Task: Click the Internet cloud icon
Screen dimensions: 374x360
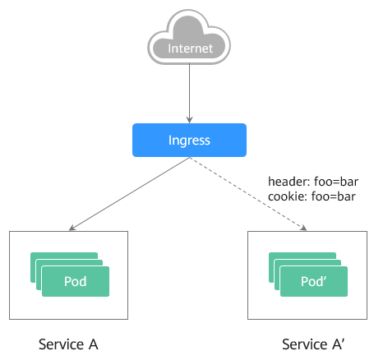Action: tap(189, 37)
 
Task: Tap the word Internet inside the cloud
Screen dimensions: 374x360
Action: tap(191, 48)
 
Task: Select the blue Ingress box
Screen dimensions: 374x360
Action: tap(189, 140)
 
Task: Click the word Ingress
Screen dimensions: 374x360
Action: tap(189, 141)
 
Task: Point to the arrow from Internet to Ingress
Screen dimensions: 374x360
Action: tap(189, 93)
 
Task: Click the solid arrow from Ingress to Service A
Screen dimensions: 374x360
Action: tap(129, 194)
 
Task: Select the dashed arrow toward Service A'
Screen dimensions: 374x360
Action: tap(248, 194)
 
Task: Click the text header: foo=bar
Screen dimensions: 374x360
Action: tap(313, 182)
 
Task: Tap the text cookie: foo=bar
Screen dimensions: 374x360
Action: tap(312, 196)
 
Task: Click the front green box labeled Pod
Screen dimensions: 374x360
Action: tap(76, 281)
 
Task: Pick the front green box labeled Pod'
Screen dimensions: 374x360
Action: tap(314, 281)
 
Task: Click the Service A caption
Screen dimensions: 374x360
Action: tap(68, 344)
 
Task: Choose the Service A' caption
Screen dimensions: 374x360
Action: tap(313, 344)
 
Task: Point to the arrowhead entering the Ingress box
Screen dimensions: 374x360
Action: tap(189, 120)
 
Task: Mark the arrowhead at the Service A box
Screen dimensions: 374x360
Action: tap(72, 228)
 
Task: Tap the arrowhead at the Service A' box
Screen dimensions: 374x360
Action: tap(303, 228)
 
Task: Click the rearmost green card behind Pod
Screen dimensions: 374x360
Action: tap(64, 256)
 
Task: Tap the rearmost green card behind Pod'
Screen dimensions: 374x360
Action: tap(302, 256)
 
